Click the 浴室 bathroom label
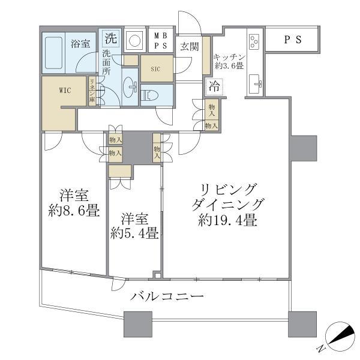click(x=80, y=43)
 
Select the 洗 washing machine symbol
click(x=110, y=39)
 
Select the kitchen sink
click(x=254, y=83)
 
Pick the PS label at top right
click(x=292, y=40)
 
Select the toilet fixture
click(x=149, y=95)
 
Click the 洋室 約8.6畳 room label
click(x=74, y=203)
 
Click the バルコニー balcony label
click(x=167, y=296)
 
